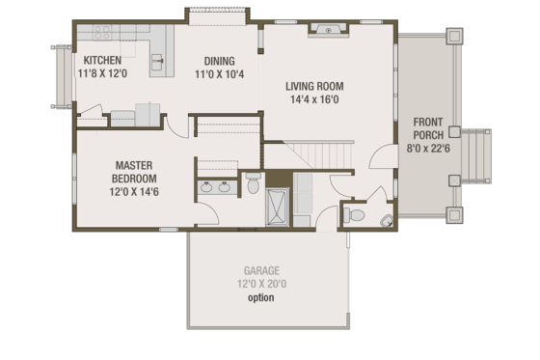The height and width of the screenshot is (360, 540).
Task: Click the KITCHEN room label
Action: [x=101, y=60]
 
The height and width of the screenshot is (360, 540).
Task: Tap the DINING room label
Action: [x=217, y=60]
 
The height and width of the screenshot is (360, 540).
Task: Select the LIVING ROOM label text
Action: [x=314, y=86]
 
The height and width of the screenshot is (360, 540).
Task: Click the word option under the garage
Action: [x=260, y=297]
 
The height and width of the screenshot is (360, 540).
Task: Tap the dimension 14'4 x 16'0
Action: [x=314, y=98]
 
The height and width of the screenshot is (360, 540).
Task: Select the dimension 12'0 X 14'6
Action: [x=136, y=192]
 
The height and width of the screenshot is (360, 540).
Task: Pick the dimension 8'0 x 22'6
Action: [x=428, y=149]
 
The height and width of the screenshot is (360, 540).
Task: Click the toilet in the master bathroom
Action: [x=252, y=180]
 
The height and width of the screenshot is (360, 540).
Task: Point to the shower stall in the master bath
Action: [x=278, y=207]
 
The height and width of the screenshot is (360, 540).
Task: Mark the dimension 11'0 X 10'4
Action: [x=217, y=73]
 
